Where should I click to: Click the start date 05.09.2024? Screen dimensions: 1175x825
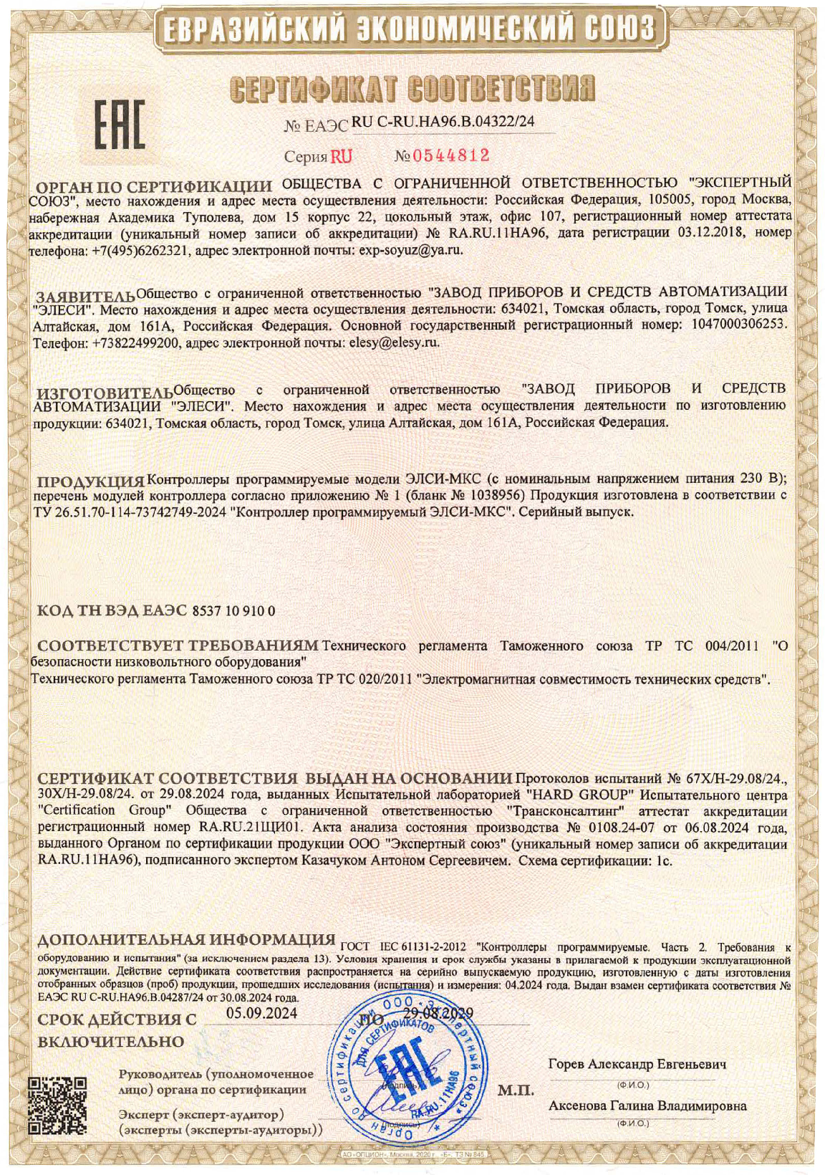coord(261,1013)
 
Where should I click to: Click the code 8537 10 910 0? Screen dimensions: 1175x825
coord(234,610)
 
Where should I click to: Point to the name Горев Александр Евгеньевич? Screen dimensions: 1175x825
coord(637,1065)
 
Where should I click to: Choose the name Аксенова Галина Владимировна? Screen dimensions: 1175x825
coord(647,1106)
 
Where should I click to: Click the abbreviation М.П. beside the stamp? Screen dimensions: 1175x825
coord(516,1091)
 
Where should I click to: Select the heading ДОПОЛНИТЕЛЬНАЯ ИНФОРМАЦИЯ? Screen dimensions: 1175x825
coord(186,939)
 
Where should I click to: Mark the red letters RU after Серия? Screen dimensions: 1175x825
coord(341,156)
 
